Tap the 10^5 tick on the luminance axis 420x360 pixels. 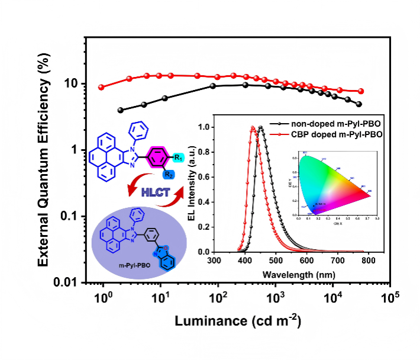[x=388, y=297]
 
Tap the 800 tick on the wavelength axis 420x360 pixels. [x=368, y=261]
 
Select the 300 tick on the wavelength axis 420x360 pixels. [x=214, y=261]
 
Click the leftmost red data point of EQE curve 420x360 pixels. [x=101, y=87]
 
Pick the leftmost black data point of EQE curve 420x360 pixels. [x=121, y=110]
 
